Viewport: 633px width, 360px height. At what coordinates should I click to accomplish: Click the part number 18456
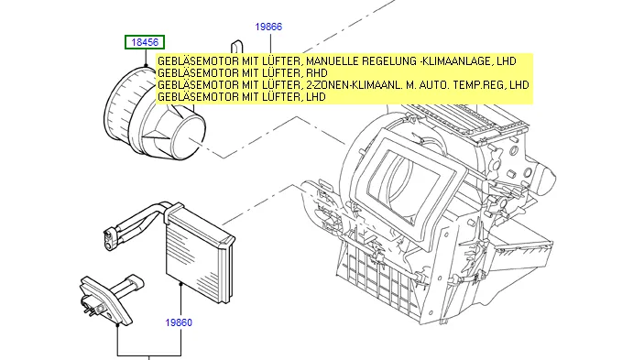coord(145,42)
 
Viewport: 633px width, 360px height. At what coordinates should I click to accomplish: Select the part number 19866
coord(268,27)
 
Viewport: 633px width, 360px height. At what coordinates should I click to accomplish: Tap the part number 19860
coord(179,322)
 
